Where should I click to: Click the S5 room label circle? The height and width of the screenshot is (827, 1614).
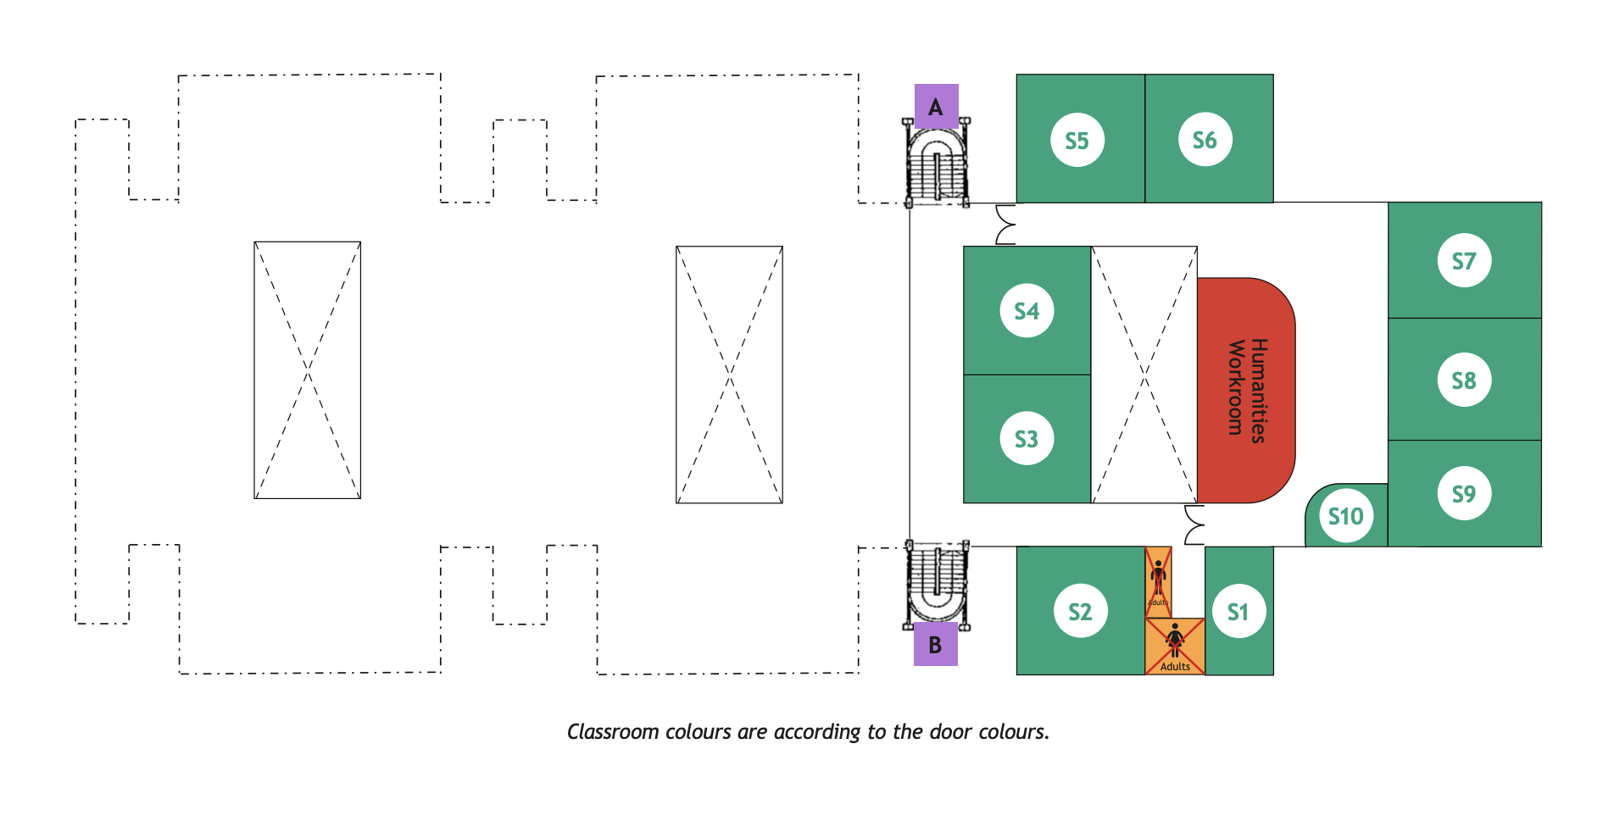tap(1077, 141)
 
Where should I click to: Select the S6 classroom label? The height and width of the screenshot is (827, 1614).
tap(1205, 141)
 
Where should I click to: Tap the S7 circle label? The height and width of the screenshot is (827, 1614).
tap(1464, 261)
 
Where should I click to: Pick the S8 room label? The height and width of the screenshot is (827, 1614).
tap(1464, 380)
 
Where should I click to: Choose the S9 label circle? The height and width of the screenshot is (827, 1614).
tap(1464, 494)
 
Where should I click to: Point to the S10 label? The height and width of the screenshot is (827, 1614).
tap(1345, 516)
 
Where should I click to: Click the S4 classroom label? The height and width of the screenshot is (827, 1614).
tap(1027, 311)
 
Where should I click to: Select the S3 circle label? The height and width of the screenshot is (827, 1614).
tap(1027, 439)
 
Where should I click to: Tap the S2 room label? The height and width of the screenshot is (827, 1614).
tap(1080, 612)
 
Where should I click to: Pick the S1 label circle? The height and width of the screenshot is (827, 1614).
tap(1238, 612)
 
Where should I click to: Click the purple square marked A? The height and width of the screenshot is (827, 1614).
tap(936, 107)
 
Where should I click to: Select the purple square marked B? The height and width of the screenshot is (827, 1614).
tap(935, 645)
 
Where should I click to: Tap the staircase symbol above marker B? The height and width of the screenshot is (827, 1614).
tap(936, 585)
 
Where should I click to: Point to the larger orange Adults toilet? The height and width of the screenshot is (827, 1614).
tap(1175, 646)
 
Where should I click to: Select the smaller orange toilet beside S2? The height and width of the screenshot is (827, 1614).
tap(1158, 581)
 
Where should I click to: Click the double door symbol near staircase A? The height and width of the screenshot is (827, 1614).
tap(1005, 225)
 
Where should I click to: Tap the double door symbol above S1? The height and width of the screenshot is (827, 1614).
tap(1194, 525)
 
